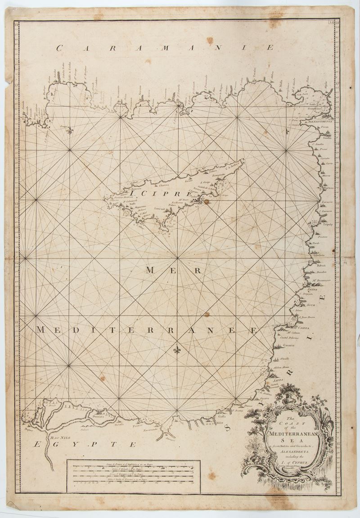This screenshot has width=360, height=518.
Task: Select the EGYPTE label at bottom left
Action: (85, 445)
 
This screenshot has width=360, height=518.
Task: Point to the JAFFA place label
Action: (279, 381)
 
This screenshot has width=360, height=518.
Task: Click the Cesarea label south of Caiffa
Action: (289, 345)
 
